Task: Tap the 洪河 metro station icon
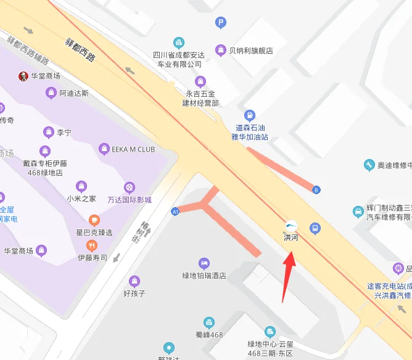(x=290, y=226)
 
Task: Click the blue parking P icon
(x=220, y=23)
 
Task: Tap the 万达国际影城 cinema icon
(x=129, y=186)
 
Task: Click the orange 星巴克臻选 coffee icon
(x=94, y=219)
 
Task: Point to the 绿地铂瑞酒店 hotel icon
(x=204, y=263)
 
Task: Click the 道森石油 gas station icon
(x=249, y=115)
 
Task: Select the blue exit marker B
(x=316, y=189)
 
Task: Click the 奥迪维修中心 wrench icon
(x=369, y=165)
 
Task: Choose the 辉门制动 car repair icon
(x=358, y=212)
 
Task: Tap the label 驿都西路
(x=81, y=49)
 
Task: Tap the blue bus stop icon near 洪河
(x=315, y=228)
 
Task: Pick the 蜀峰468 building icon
(x=209, y=322)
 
